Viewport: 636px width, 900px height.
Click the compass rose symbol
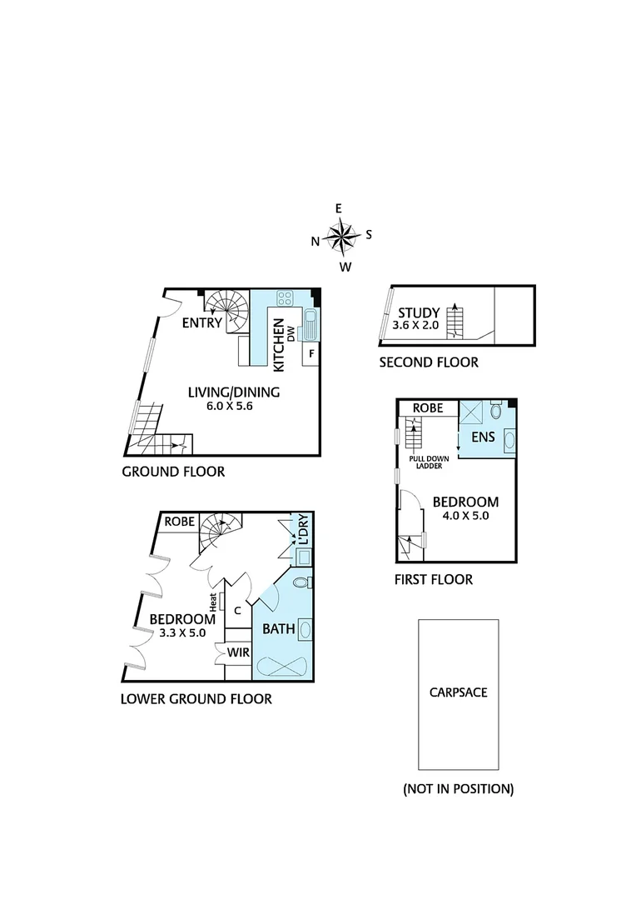[x=341, y=237]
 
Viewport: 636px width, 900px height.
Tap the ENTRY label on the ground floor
[x=203, y=323]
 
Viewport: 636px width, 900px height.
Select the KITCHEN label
[x=279, y=344]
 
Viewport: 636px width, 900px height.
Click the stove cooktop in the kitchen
[x=285, y=299]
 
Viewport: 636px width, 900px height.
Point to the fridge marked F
[x=311, y=353]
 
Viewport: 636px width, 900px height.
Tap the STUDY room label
[x=419, y=313]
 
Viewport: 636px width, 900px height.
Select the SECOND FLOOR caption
[x=429, y=362]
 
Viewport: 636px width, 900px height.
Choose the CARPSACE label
[x=458, y=692]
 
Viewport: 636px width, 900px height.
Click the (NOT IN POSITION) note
[x=458, y=788]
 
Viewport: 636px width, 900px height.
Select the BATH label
[x=279, y=629]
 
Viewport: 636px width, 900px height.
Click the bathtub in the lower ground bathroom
[x=282, y=667]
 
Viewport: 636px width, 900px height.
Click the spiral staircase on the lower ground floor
[x=220, y=530]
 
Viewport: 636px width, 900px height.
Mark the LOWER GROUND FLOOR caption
[x=196, y=699]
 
